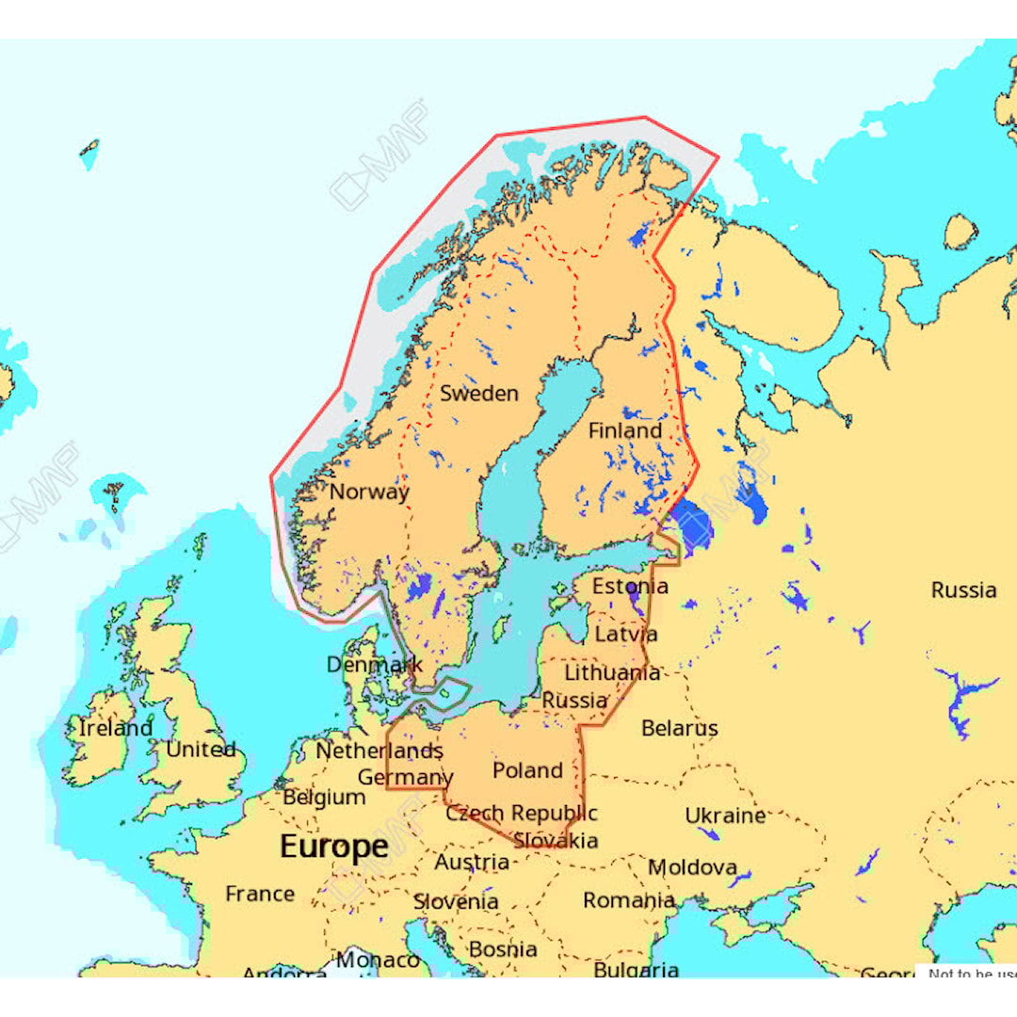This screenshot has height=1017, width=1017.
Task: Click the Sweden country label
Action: (x=479, y=394)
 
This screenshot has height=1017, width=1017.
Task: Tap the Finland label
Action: (x=625, y=430)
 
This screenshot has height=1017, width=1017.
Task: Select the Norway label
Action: (x=369, y=492)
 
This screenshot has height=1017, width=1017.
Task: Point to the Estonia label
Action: (x=630, y=586)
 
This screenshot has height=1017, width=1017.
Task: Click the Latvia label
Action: (x=626, y=634)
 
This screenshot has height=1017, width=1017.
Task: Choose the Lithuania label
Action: (x=612, y=672)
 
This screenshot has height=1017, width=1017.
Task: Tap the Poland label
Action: (x=527, y=770)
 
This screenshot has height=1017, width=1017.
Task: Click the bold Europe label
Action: (x=334, y=847)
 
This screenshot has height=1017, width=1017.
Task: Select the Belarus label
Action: (x=679, y=728)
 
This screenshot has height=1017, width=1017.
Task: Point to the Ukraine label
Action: (x=725, y=815)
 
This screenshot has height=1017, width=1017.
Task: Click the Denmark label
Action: (x=375, y=665)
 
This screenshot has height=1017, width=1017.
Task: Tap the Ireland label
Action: (x=115, y=728)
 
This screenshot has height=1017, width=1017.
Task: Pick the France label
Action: (x=260, y=894)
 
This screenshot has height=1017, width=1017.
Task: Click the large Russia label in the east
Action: (x=963, y=590)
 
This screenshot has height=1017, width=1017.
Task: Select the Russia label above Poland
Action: (x=574, y=701)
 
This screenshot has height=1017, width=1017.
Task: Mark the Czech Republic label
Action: (x=522, y=813)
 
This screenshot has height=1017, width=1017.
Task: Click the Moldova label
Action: (x=692, y=867)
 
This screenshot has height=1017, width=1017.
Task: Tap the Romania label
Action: (x=628, y=900)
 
